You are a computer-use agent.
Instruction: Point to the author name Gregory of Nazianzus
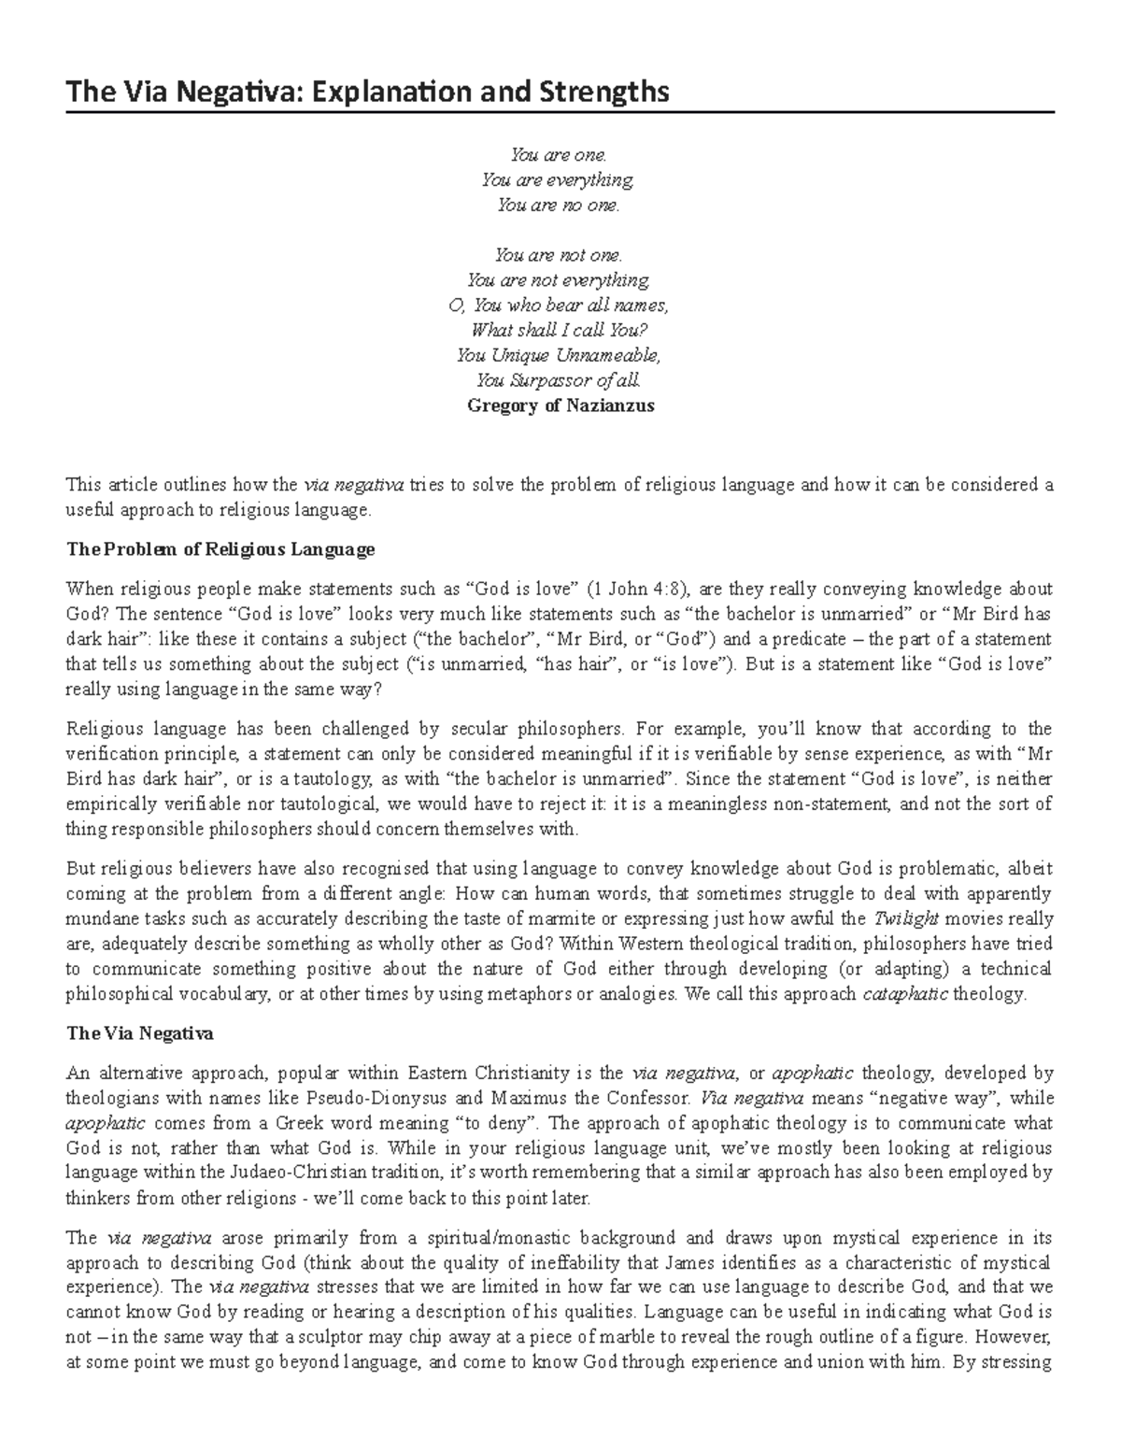pyautogui.click(x=560, y=405)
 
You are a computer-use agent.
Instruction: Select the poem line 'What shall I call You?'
pyautogui.click(x=560, y=330)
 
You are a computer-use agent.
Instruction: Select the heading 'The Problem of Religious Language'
pyautogui.click(x=220, y=549)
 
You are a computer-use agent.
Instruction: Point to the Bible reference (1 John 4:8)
pyautogui.click(x=637, y=589)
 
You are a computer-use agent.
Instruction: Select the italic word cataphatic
pyautogui.click(x=904, y=994)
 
